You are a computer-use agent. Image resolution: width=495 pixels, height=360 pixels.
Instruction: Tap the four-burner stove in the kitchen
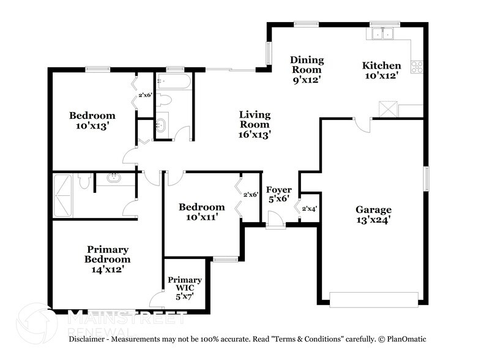[x=417, y=67]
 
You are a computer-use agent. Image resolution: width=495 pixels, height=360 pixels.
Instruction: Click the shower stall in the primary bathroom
[x=63, y=195]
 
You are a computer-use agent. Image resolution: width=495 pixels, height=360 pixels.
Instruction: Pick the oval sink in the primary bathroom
[x=114, y=178]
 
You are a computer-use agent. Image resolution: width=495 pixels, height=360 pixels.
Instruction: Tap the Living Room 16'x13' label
[x=255, y=124]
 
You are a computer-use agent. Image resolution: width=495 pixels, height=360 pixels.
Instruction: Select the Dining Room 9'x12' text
[x=307, y=69]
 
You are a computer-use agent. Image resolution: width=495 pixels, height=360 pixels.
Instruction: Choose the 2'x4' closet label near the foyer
[x=309, y=209]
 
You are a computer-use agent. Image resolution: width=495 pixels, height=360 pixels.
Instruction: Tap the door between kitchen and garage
[x=363, y=125]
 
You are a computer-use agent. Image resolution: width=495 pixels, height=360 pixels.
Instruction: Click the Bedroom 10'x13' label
[x=92, y=120]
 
